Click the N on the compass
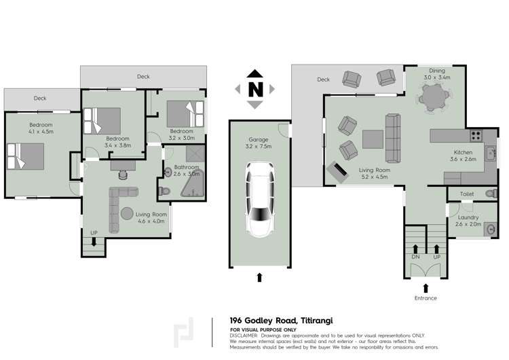pyautogui.click(x=254, y=89)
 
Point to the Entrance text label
pyautogui.click(x=425, y=298)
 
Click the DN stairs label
pyautogui.click(x=415, y=257)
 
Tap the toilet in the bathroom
pyautogui.click(x=164, y=192)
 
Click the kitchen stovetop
pyautogui.click(x=476, y=135)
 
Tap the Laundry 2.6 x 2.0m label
pyautogui.click(x=468, y=220)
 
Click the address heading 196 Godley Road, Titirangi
pyautogui.click(x=281, y=321)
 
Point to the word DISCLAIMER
pyautogui.click(x=244, y=336)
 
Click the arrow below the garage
pyautogui.click(x=259, y=276)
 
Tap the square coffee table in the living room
pyautogui.click(x=372, y=139)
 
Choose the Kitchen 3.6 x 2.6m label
pyautogui.click(x=462, y=156)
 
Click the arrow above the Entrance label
pyautogui.click(x=426, y=287)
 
